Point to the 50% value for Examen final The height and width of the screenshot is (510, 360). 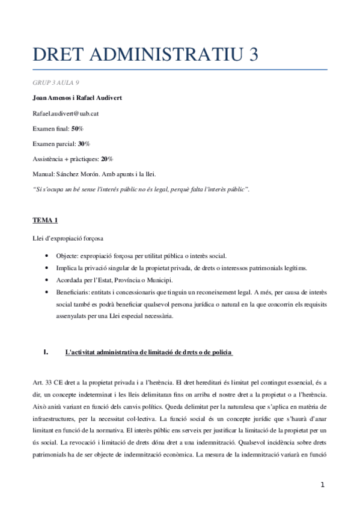point(78,128)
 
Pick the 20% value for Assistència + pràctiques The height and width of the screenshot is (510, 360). point(107,159)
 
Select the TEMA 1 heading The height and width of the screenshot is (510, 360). point(45,220)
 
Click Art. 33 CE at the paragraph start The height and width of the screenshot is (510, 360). point(46,382)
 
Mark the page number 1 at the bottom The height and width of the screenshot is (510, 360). point(323,485)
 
